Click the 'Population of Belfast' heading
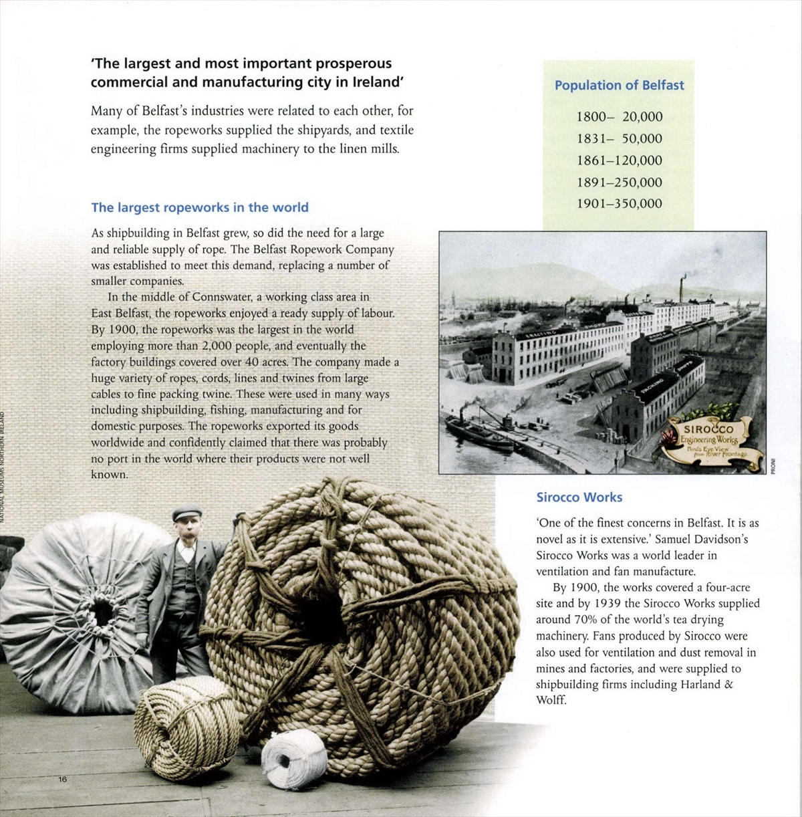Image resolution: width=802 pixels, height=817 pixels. pos(619,86)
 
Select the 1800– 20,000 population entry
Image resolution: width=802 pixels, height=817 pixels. pos(620,117)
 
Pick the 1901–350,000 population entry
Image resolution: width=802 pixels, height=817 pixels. pos(620,204)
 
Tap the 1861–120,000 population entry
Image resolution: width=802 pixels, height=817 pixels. pos(620,160)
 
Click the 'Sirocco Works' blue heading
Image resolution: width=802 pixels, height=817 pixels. pos(579,497)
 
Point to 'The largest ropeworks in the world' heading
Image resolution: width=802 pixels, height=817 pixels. pos(200,207)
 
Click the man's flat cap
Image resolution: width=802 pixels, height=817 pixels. pos(186,513)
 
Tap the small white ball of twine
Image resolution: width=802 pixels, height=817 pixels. pos(293,759)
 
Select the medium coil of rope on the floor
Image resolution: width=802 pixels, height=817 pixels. pos(186,727)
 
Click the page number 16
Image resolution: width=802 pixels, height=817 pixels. pos(63,780)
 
